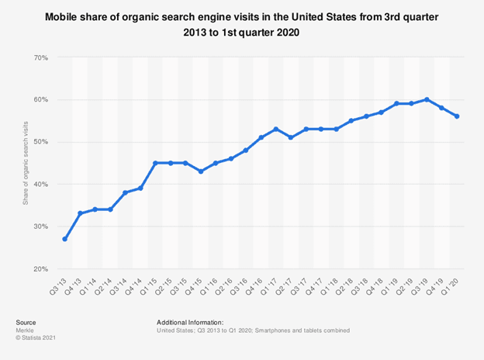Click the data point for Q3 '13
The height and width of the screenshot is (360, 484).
click(x=65, y=239)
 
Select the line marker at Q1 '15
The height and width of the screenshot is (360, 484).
click(x=155, y=163)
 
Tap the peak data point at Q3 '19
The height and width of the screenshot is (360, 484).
click(x=427, y=99)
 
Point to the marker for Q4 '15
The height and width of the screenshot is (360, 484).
click(x=201, y=171)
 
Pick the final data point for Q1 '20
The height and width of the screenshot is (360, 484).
click(x=457, y=116)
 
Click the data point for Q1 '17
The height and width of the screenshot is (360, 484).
click(x=276, y=129)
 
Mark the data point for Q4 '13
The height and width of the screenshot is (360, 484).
click(x=80, y=213)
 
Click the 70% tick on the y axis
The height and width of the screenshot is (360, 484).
click(x=41, y=57)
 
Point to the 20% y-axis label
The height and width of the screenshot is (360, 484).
click(x=41, y=269)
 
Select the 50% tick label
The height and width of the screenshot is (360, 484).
click(x=41, y=142)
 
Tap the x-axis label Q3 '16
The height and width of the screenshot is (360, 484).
click(x=239, y=286)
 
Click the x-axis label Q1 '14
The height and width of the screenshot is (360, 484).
click(x=88, y=286)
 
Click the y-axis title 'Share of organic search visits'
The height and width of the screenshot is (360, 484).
click(x=26, y=163)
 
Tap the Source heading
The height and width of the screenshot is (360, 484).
click(x=26, y=322)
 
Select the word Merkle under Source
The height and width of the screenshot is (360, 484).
click(x=25, y=331)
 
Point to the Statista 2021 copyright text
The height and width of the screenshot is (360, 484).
click(x=36, y=337)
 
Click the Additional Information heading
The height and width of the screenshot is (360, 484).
click(x=190, y=322)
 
